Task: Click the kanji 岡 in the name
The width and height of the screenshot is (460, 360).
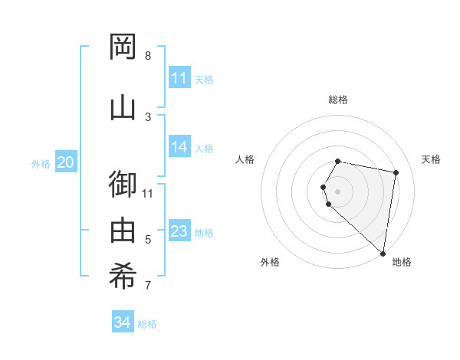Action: pos(123,47)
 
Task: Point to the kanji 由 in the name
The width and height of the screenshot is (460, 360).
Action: pos(123,231)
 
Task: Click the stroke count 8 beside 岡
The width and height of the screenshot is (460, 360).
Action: pos(148,56)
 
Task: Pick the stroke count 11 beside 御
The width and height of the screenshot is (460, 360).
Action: pos(148,193)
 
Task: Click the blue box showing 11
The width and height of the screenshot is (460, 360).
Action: pos(179,78)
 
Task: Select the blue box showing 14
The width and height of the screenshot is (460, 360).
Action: pos(179,147)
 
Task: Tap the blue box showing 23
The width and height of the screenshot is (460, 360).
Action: pos(179,231)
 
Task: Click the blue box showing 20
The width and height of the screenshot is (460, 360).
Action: pos(65,162)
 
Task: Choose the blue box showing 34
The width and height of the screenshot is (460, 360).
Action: pos(122,322)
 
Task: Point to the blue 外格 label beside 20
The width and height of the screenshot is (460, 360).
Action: pos(41,163)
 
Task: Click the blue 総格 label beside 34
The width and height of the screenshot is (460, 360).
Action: pos(147,324)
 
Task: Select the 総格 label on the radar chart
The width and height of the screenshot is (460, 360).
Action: pos(338,100)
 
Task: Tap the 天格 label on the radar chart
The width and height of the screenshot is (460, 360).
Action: pos(431,159)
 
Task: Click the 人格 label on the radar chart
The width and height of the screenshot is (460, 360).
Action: pos(245,159)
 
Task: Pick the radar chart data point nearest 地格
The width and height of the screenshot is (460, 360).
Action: pos(383,254)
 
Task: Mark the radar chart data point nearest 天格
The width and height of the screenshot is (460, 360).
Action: pos(396,173)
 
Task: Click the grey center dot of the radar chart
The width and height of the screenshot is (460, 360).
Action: pos(337,191)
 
